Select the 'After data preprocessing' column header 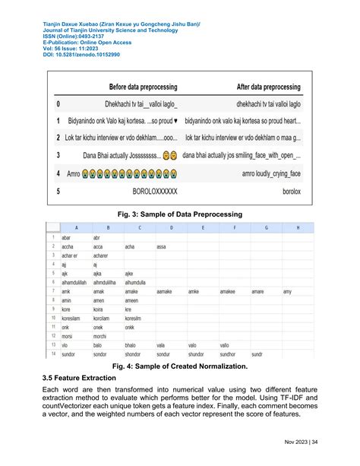point(258,87)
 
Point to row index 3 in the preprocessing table point(58,156)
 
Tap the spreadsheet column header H point(297,227)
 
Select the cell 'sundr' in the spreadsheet point(257,354)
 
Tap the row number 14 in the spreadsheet point(51,354)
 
